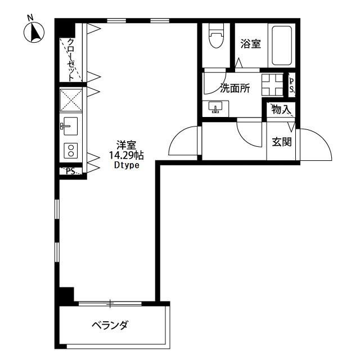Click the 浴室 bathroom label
(x=250, y=44)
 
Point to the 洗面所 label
(x=235, y=89)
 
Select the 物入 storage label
(x=281, y=110)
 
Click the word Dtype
(x=126, y=165)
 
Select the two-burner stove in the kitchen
(x=71, y=150)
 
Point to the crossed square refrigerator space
(x=71, y=100)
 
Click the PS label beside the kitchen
(x=70, y=172)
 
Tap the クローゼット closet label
(x=71, y=57)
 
